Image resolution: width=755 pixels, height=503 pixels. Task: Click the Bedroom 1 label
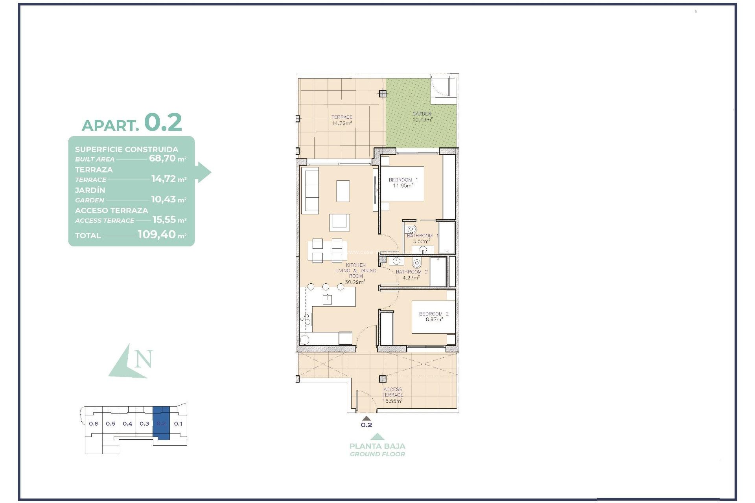coord(403,180)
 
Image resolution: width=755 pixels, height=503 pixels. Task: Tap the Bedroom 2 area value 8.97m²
coord(434,319)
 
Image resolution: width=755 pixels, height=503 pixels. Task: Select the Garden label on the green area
coord(422,114)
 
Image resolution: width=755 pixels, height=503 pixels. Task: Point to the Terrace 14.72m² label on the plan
coord(342,120)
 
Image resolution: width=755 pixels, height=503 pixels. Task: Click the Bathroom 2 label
coord(411,272)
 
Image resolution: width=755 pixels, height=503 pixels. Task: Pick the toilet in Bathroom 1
coord(412,229)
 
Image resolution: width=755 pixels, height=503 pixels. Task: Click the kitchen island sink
coord(327,299)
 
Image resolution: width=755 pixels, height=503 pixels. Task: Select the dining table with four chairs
coord(327,250)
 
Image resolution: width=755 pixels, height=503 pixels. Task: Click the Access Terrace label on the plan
coord(392,392)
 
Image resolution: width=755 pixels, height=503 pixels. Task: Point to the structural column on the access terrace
coord(383,379)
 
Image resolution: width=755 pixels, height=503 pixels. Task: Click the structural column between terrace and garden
coord(383,94)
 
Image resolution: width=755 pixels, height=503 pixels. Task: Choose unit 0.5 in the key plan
coord(110,424)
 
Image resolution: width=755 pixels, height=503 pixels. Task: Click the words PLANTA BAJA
coord(377,446)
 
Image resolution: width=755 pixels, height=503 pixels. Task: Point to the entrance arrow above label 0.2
coord(366,419)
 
